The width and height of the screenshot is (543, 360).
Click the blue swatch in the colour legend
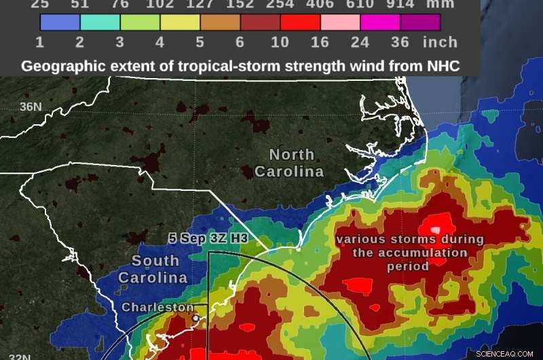click(60, 22)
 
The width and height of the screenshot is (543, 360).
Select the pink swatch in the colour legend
click(340, 22)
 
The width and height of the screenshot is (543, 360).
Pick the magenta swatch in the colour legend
click(380, 22)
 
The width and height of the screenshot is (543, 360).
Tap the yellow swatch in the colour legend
click(180, 22)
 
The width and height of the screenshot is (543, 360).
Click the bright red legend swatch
click(300, 22)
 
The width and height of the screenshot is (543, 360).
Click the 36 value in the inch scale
click(400, 42)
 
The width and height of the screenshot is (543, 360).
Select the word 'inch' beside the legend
click(440, 42)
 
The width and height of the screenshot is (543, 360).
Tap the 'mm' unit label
click(467, 4)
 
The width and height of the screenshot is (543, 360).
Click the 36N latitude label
click(31, 107)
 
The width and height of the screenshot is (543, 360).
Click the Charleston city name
click(157, 308)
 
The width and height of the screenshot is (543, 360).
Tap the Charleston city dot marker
click(196, 317)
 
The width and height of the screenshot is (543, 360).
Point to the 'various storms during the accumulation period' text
click(410, 253)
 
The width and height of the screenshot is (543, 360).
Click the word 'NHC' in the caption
click(443, 67)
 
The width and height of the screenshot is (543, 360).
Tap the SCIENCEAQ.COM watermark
click(506, 354)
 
